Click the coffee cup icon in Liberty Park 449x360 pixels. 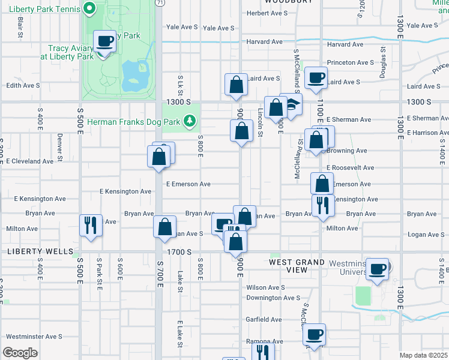click(105, 41)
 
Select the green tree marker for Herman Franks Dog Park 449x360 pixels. click(190, 121)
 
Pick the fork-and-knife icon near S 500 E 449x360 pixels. click(91, 226)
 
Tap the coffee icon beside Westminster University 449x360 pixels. click(377, 269)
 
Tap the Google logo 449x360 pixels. click(20, 352)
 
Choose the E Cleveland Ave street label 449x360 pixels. click(30, 161)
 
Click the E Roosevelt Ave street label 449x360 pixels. click(350, 168)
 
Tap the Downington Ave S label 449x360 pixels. click(273, 298)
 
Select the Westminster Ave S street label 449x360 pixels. click(34, 337)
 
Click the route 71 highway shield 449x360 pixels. click(160, 2)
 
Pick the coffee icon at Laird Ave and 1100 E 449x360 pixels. click(316, 77)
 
